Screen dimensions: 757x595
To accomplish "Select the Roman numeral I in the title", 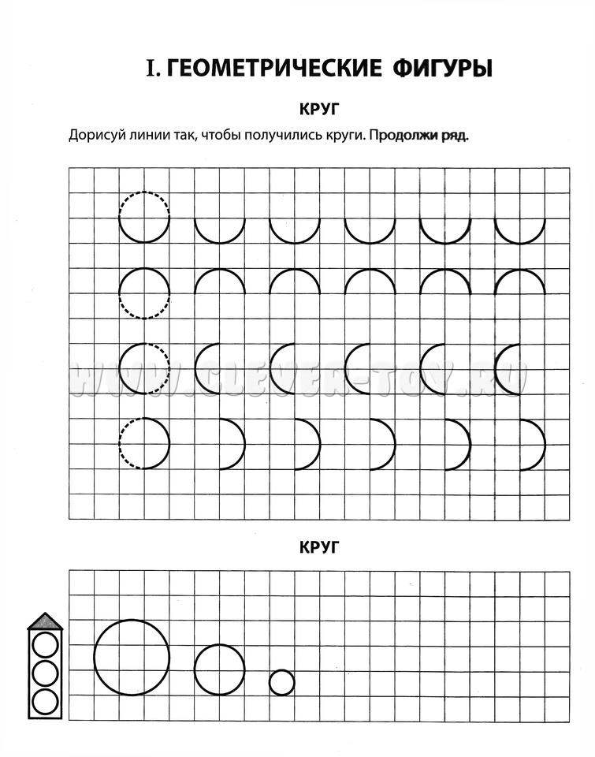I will tap(153, 69).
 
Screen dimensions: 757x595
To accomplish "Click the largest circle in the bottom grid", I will tap(132, 657).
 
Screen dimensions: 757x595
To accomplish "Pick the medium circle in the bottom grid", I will tap(220, 669).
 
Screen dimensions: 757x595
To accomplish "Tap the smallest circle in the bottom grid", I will tap(282, 682).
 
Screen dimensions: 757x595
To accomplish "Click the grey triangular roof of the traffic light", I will tap(45, 622).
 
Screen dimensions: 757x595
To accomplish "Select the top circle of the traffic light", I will tap(46, 645).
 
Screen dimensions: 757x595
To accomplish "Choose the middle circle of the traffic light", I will tap(46, 673).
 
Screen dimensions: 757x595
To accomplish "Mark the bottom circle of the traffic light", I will tap(46, 700).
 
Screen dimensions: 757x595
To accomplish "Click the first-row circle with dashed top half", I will tap(144, 216).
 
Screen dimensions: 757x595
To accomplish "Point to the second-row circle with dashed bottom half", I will tap(144, 293).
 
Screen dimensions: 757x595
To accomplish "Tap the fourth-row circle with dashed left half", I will tap(144, 443).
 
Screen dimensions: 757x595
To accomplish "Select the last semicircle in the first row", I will tap(520, 229).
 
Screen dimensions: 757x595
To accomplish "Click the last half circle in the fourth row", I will tap(534, 444).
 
